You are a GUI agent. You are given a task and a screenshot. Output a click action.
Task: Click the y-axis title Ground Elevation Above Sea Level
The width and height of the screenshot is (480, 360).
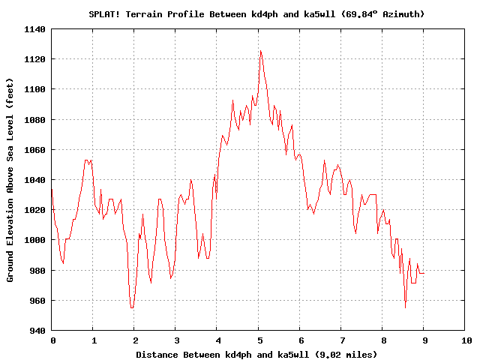click(x=10, y=179)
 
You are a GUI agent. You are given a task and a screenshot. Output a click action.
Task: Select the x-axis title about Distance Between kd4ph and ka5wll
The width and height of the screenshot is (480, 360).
click(x=256, y=354)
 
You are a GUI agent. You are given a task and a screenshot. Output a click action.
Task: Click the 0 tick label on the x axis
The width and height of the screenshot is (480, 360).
click(x=52, y=340)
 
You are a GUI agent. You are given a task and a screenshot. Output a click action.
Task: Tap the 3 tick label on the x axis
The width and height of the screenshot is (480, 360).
click(x=175, y=340)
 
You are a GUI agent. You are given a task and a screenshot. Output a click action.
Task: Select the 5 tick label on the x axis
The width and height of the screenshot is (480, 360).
click(x=259, y=340)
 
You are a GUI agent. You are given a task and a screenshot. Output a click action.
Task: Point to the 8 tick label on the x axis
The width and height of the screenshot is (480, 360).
click(x=382, y=340)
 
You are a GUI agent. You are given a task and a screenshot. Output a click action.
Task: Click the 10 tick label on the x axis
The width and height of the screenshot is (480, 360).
click(x=466, y=340)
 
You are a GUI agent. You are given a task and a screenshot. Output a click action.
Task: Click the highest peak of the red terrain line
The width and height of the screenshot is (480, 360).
click(x=260, y=51)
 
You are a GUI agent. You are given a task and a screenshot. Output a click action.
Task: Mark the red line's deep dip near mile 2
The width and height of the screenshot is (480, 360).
click(x=132, y=307)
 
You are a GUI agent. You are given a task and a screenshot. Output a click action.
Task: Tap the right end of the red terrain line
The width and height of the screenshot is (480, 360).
click(x=424, y=273)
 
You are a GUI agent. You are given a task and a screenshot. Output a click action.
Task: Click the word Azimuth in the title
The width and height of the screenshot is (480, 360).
click(x=402, y=14)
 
